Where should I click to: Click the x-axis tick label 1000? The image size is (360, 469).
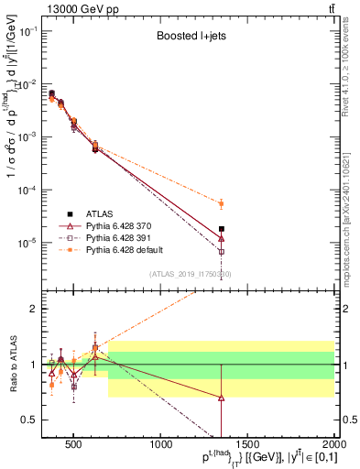pyautogui.click(x=162, y=446)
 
